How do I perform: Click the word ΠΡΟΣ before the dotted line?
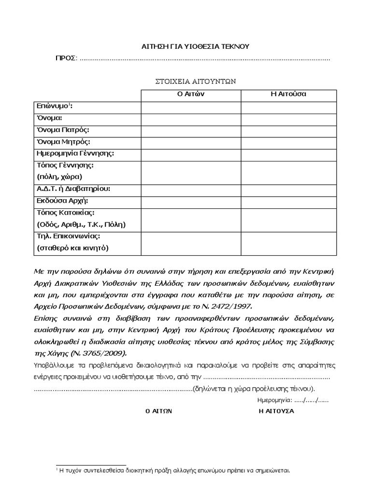coord(65,58)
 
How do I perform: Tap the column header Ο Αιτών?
coord(191,94)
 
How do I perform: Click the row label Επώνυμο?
coord(54,106)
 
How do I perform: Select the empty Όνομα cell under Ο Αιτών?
coord(191,118)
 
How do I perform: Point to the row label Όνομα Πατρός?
coord(63,131)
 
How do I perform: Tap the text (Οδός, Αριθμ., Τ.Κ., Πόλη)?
coord(81,225)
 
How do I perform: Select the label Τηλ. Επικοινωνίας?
coord(68,237)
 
